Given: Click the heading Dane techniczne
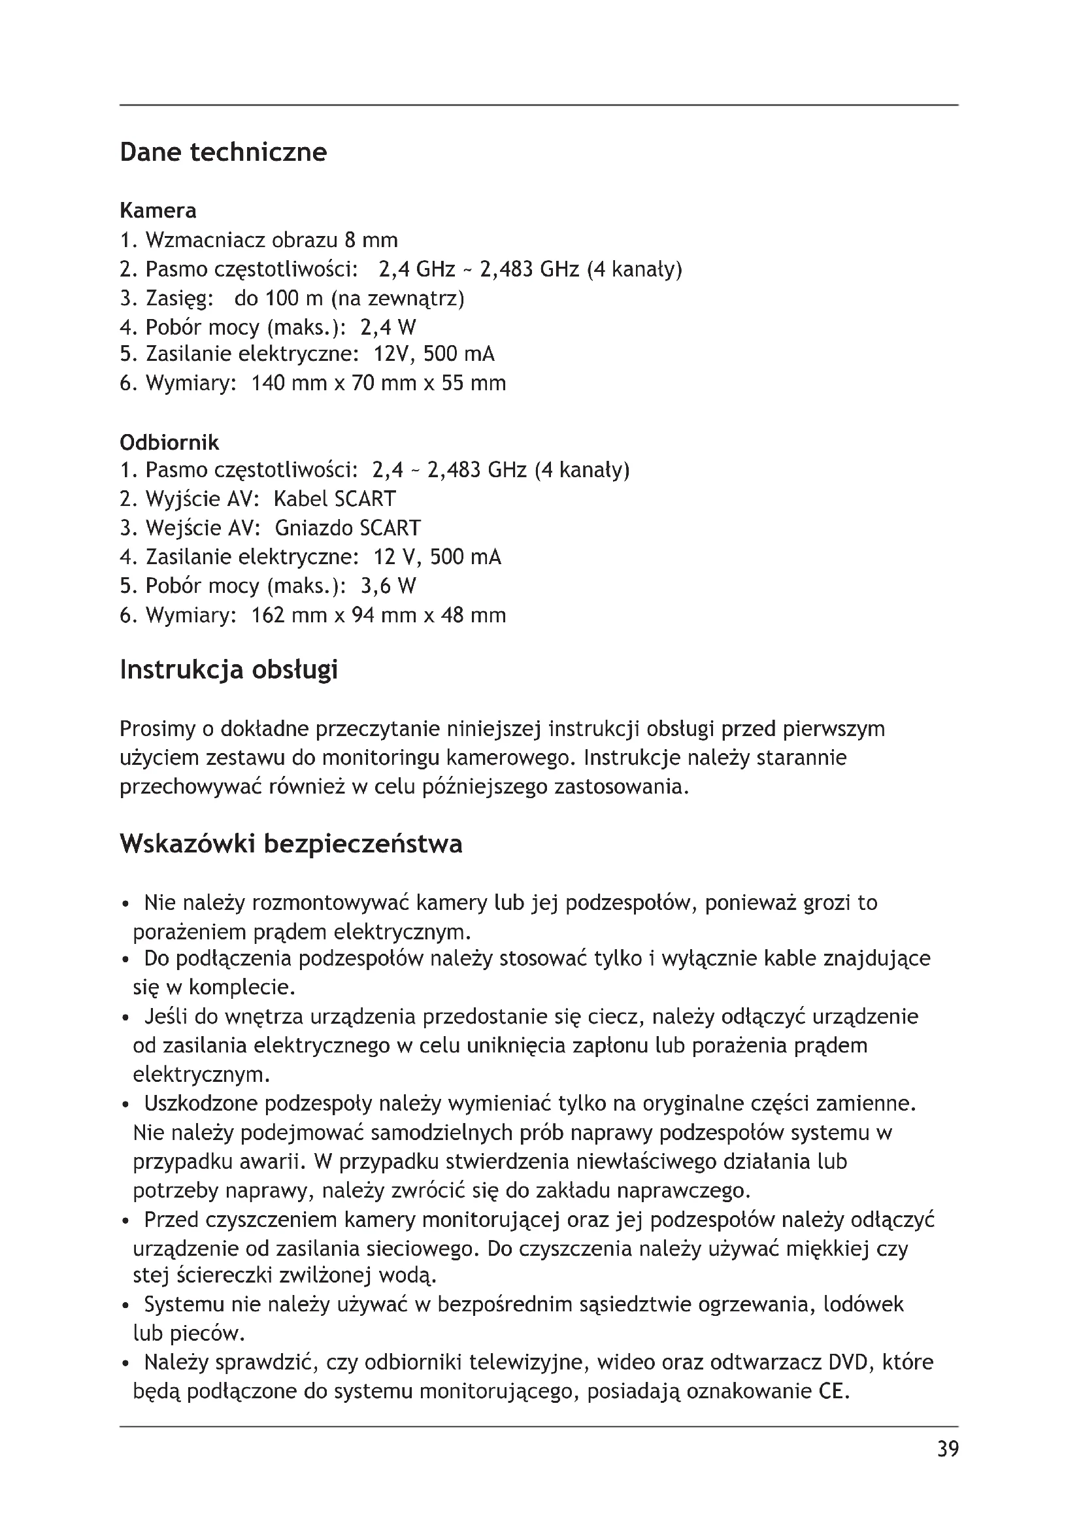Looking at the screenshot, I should point(223,152).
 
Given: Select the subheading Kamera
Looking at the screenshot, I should point(158,210).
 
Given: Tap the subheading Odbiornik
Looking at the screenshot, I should point(169,442).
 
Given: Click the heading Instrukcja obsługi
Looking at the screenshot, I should point(228,670).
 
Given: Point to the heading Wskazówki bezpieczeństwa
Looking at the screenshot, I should point(291,845).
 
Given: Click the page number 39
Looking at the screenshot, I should point(948,1449).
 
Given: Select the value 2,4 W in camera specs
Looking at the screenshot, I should point(388,327).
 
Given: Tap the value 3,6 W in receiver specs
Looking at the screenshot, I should point(388,586).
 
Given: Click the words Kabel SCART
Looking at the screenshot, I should point(335,499).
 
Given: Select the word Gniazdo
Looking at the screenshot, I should point(314,528).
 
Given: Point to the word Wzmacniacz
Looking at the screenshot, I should point(206,240).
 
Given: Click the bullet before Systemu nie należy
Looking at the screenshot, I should point(124,1306).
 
